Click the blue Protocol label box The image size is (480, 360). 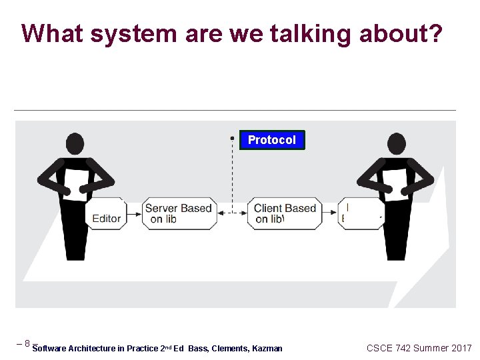[272, 140]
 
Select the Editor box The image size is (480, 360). [106, 214]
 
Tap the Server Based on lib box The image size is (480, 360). [178, 213]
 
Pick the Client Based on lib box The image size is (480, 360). [285, 213]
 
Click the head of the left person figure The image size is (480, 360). [75, 143]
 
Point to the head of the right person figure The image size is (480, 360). [397, 143]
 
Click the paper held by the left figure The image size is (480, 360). [75, 183]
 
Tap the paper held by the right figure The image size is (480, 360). [397, 183]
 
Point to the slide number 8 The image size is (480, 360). [27, 344]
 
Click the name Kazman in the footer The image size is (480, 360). [267, 349]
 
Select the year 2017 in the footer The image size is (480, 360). [461, 348]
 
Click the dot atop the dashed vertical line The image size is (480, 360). [232, 138]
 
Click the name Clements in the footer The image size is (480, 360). [229, 349]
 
